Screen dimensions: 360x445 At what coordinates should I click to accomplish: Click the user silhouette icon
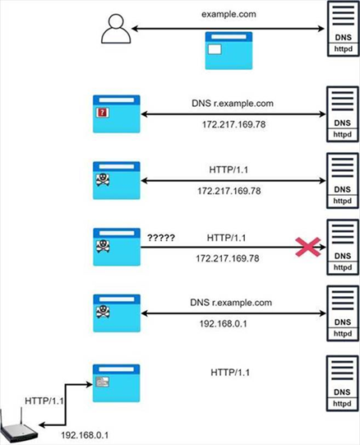(x=116, y=30)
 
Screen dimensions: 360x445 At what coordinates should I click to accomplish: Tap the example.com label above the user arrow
(x=228, y=14)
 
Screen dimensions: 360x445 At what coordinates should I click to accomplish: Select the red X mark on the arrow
(x=308, y=248)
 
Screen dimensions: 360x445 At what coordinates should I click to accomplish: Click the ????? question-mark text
(x=161, y=238)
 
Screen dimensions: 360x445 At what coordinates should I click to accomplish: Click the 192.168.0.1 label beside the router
(x=85, y=435)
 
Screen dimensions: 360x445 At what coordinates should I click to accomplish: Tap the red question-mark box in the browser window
(x=103, y=113)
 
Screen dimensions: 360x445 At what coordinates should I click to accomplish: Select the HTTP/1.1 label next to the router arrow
(x=44, y=401)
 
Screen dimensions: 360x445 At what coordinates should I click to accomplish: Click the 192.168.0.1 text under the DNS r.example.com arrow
(x=223, y=323)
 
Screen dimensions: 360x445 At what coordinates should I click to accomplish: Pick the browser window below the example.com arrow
(x=228, y=51)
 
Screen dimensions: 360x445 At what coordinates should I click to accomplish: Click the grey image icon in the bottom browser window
(x=103, y=382)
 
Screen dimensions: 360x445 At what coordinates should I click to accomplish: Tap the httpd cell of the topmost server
(x=344, y=49)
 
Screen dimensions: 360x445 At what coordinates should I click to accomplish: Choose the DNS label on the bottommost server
(x=342, y=392)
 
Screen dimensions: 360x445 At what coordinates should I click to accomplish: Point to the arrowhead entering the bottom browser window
(x=90, y=385)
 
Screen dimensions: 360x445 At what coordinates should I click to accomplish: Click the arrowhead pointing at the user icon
(x=135, y=29)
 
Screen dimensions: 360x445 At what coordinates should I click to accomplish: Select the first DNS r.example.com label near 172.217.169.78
(x=233, y=104)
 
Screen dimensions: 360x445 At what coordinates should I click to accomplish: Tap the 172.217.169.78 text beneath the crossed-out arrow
(x=228, y=258)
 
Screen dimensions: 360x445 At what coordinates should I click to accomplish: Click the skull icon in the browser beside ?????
(x=103, y=246)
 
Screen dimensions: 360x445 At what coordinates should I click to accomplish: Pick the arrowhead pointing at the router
(x=42, y=425)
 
